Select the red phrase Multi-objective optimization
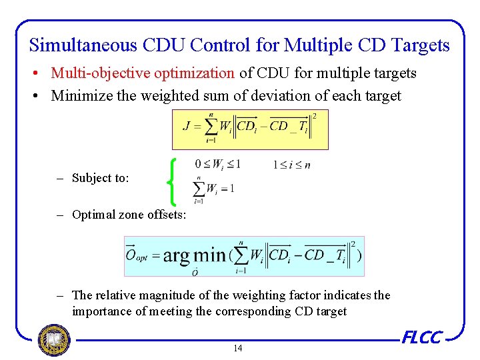[143, 73]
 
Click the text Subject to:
[101, 178]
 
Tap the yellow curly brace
[173, 181]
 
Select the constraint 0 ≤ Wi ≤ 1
[217, 164]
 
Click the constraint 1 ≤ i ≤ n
[291, 165]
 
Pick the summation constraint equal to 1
[213, 189]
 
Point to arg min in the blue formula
[194, 255]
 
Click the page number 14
[238, 348]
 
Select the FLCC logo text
[422, 337]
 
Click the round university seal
[53, 340]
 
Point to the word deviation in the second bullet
[263, 95]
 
